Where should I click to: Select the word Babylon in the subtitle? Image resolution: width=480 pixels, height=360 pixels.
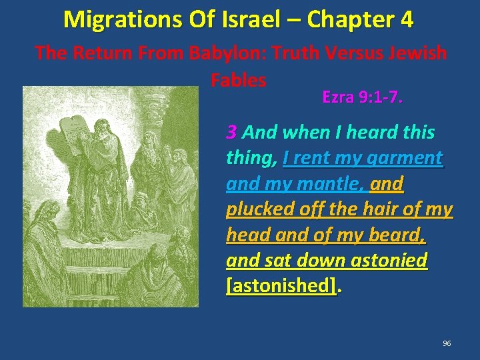[223, 53]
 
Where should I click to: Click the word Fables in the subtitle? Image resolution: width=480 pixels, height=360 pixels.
[238, 80]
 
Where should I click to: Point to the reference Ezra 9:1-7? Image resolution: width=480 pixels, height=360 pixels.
[362, 97]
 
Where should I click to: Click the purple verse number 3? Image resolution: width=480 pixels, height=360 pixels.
[231, 132]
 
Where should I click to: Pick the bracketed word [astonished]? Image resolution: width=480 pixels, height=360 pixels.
[281, 285]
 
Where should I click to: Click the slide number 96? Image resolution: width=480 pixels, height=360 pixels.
[447, 343]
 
